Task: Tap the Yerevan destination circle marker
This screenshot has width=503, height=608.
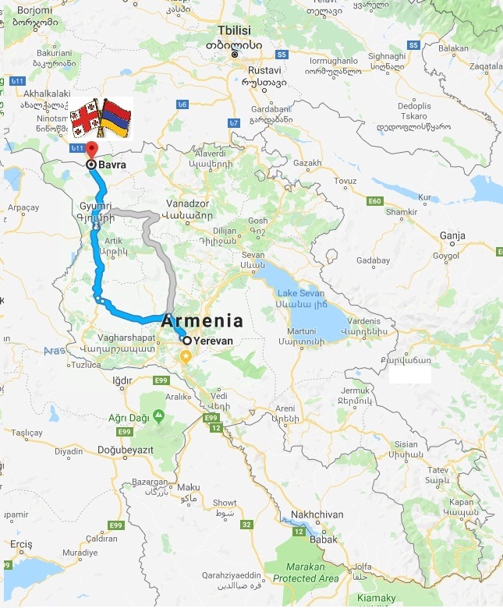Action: click(186, 340)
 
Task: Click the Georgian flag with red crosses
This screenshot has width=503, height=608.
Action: click(85, 118)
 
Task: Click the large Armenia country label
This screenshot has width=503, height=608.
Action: click(202, 320)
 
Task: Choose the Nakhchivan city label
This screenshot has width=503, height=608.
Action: click(317, 514)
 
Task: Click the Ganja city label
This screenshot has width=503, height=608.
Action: click(452, 235)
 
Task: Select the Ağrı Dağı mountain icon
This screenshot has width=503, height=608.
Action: click(159, 415)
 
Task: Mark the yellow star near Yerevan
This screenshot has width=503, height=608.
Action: click(186, 357)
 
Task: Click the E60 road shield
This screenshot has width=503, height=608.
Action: click(376, 201)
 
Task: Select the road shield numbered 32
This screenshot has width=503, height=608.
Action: click(246, 525)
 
